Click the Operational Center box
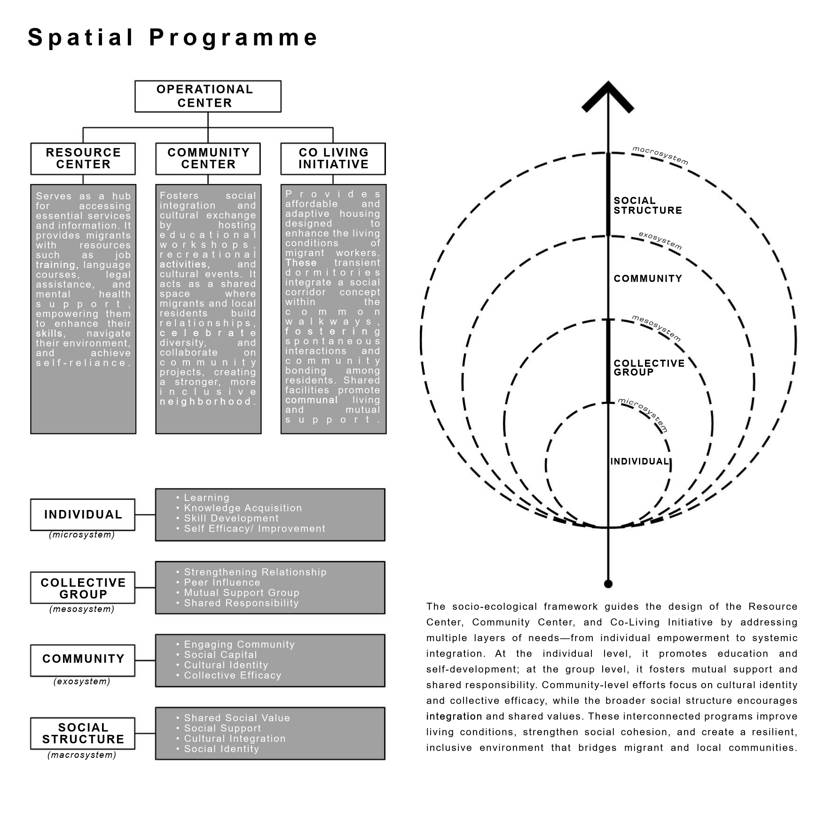[x=208, y=96]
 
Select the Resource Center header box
[x=83, y=158]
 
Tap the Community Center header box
[x=208, y=158]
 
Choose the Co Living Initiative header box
[x=333, y=158]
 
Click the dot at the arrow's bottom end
[x=608, y=584]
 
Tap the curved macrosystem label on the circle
[x=660, y=156]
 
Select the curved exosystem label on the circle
[x=660, y=240]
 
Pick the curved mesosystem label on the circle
[x=656, y=328]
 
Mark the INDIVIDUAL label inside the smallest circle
[x=639, y=462]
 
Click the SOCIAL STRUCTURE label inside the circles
[x=647, y=205]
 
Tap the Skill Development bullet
[x=231, y=518]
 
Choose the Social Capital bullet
[x=220, y=654]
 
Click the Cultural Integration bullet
[x=234, y=739]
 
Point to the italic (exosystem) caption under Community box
[x=82, y=681]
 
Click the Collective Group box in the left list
[x=83, y=588]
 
